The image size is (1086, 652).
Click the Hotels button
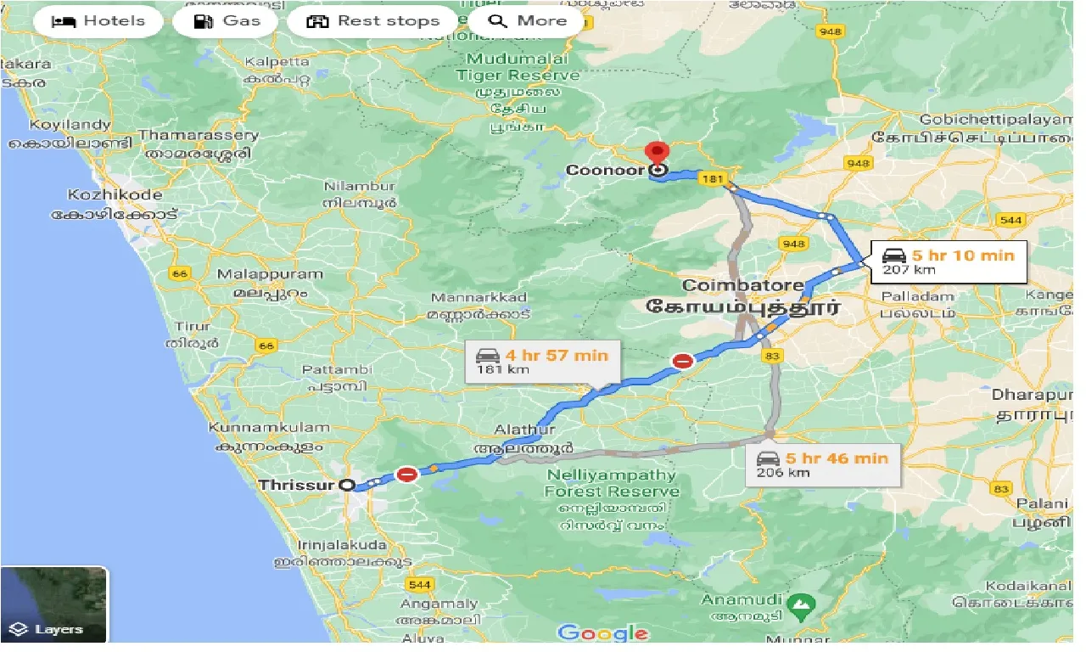(98, 21)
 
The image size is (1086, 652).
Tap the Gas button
(225, 21)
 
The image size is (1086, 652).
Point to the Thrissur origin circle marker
(347, 485)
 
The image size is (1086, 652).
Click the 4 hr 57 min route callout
(543, 361)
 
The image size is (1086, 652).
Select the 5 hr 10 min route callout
(947, 261)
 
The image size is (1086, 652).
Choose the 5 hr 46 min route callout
(823, 464)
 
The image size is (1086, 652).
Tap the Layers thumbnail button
(53, 604)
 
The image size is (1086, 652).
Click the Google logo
(603, 633)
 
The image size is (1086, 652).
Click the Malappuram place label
(270, 274)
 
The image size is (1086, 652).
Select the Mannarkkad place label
(479, 297)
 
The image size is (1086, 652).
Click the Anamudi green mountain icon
(799, 604)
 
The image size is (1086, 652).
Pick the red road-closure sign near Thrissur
(407, 474)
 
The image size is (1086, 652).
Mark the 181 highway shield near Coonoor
(713, 178)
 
